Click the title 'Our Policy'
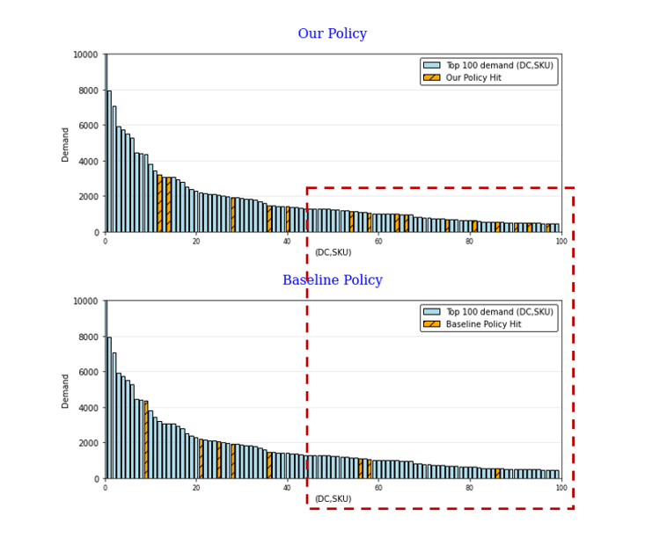pyautogui.click(x=332, y=34)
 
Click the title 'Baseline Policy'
pyautogui.click(x=332, y=280)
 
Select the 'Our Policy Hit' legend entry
pyautogui.click(x=480, y=77)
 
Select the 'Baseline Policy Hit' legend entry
pyautogui.click(x=488, y=323)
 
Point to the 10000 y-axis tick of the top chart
pyautogui.click(x=85, y=54)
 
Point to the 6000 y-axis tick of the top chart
pyautogui.click(x=88, y=126)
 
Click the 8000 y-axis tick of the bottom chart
pyautogui.click(x=88, y=337)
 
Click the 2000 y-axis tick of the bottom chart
pyautogui.click(x=88, y=443)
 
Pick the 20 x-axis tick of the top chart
pyautogui.click(x=196, y=241)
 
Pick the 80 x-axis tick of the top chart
pyautogui.click(x=470, y=241)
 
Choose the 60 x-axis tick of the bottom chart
pyautogui.click(x=378, y=487)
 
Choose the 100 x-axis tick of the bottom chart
pyautogui.click(x=561, y=487)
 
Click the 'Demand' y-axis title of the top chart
pyautogui.click(x=66, y=143)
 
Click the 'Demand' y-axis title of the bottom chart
pyautogui.click(x=66, y=389)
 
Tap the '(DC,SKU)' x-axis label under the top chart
pyautogui.click(x=333, y=253)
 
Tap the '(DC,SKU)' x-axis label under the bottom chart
pyautogui.click(x=333, y=499)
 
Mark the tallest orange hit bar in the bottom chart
pyautogui.click(x=146, y=439)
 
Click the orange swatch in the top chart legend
pyautogui.click(x=431, y=77)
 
